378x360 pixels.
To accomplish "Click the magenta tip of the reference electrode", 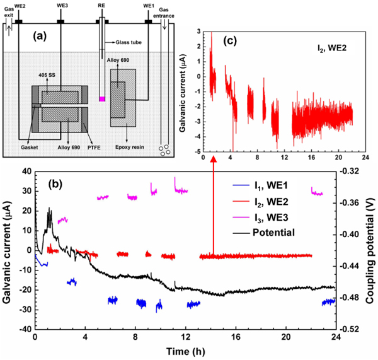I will pos(101,98).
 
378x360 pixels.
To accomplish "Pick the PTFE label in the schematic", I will pos(96,146).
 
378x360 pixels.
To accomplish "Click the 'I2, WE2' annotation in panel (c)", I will pos(328,47).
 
